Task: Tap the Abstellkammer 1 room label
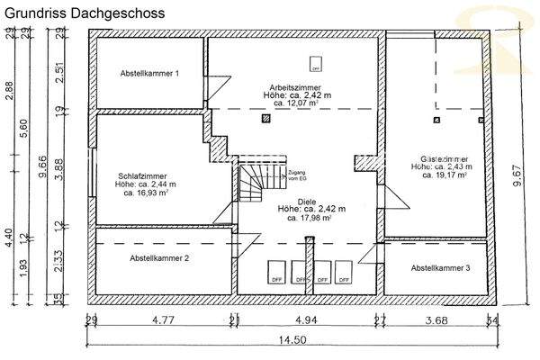pyautogui.click(x=151, y=73)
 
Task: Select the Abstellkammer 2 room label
pyautogui.click(x=159, y=259)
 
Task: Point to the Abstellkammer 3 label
pyautogui.click(x=441, y=268)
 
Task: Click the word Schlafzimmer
pyautogui.click(x=143, y=176)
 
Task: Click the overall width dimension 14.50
pyautogui.click(x=290, y=339)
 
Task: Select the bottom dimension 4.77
pyautogui.click(x=162, y=319)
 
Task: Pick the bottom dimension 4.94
pyautogui.click(x=308, y=319)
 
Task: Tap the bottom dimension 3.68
pyautogui.click(x=436, y=319)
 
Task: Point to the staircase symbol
pyautogui.click(x=254, y=184)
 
